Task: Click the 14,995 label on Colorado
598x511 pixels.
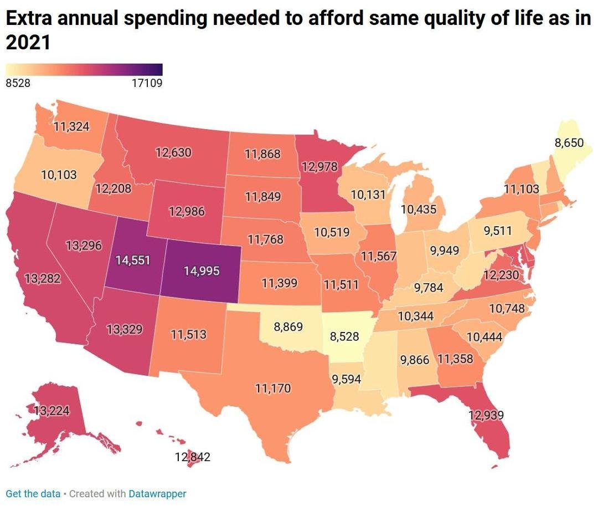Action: coord(202,271)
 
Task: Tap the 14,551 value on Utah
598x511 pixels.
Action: coord(133,260)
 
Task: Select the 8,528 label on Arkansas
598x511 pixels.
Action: coord(344,336)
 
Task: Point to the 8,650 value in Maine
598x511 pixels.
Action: coord(569,143)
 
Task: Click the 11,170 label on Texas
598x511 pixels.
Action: coord(273,389)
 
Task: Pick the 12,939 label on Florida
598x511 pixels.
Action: coord(486,415)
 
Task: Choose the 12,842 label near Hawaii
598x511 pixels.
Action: coord(193,457)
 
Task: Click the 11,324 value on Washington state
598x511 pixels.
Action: coord(71,126)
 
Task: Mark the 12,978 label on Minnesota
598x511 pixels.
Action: coord(319,166)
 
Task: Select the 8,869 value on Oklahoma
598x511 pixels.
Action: coord(288,326)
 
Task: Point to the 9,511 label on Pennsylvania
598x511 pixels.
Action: coord(498,231)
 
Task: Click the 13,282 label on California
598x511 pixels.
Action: coord(42,278)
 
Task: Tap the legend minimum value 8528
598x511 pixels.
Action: coord(18,83)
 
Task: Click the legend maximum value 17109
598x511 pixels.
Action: coord(147,83)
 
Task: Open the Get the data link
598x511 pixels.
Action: coord(33,493)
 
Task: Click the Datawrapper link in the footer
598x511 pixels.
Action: coord(157,493)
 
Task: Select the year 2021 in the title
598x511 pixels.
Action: coord(28,42)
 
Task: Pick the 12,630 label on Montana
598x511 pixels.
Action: coord(173,152)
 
